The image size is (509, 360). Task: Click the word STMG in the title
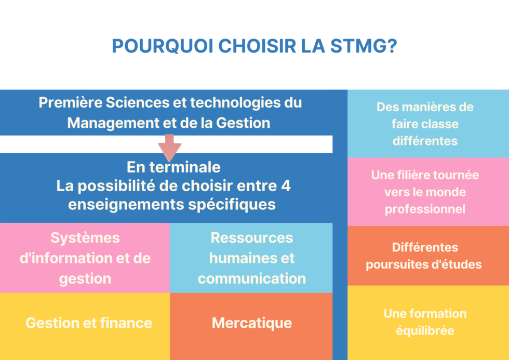click(364, 46)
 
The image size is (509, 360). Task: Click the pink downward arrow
click(169, 148)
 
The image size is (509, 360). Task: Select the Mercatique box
click(251, 326)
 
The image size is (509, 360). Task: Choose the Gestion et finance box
click(85, 326)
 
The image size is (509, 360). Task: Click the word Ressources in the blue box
click(252, 237)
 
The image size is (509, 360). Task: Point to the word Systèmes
click(85, 238)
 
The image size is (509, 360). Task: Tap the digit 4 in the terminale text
click(286, 185)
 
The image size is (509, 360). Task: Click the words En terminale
click(173, 167)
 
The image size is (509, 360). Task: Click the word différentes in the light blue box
click(425, 141)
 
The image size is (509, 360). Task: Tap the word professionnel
click(425, 209)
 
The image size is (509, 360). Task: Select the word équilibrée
click(425, 331)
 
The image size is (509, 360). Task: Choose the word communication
click(252, 278)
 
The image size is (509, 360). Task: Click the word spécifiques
click(232, 205)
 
